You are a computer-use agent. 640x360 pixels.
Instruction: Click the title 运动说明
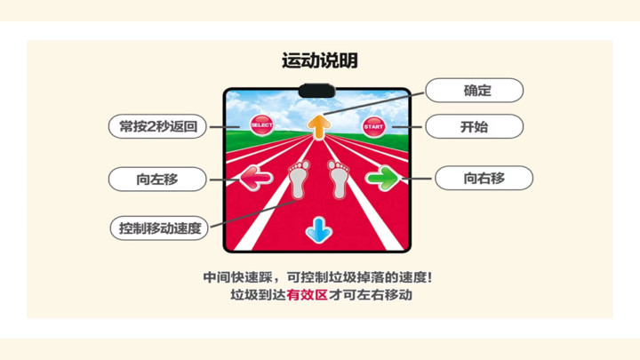tap(320, 60)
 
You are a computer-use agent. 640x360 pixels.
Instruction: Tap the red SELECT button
tap(261, 125)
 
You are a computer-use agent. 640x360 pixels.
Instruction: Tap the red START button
tap(373, 126)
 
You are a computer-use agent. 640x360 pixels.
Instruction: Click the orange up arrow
tap(319, 127)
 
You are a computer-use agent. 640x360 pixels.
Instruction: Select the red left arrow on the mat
tap(255, 178)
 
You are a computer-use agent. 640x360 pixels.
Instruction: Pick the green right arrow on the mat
tap(382, 178)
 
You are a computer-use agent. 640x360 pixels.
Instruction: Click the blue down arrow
tap(319, 230)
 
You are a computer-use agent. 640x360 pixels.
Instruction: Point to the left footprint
tap(299, 180)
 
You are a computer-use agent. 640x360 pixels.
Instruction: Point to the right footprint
tap(339, 180)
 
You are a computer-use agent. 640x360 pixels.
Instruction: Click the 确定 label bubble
tap(475, 90)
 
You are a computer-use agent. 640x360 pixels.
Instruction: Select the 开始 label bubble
tap(475, 126)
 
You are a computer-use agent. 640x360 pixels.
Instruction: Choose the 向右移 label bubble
tap(484, 178)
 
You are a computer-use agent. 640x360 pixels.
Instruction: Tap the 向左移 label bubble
tap(157, 179)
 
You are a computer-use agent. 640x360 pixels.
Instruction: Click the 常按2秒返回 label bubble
tap(157, 126)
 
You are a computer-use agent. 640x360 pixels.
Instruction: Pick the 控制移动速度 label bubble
tap(159, 228)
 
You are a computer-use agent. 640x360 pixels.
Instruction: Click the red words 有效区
tap(307, 295)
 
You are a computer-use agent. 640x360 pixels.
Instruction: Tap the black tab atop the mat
tap(317, 91)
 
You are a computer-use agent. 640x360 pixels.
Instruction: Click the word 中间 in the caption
tap(216, 277)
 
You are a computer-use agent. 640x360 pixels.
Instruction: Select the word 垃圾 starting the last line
tap(244, 295)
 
